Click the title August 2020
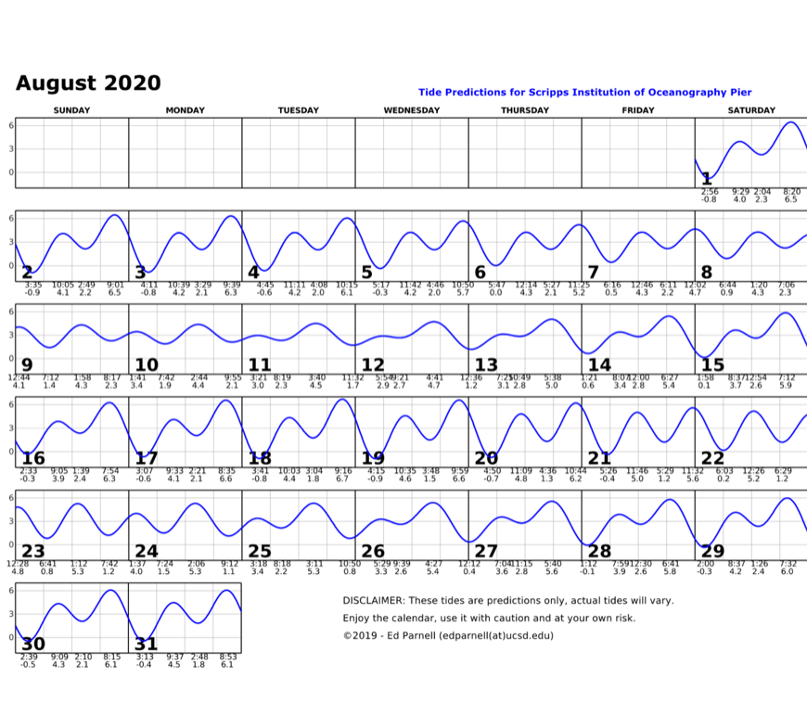(88, 83)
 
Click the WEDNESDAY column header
(411, 110)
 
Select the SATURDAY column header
(751, 110)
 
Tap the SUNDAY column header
(71, 110)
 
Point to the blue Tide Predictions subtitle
(584, 92)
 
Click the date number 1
(707, 178)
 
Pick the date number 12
(373, 364)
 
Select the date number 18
(260, 458)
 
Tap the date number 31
(147, 645)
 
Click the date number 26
(373, 552)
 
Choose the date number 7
(593, 272)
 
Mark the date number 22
(712, 458)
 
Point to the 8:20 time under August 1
(791, 192)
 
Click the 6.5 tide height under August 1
(790, 199)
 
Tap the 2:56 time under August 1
(710, 192)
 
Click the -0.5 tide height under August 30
(28, 665)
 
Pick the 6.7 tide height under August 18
(342, 479)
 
